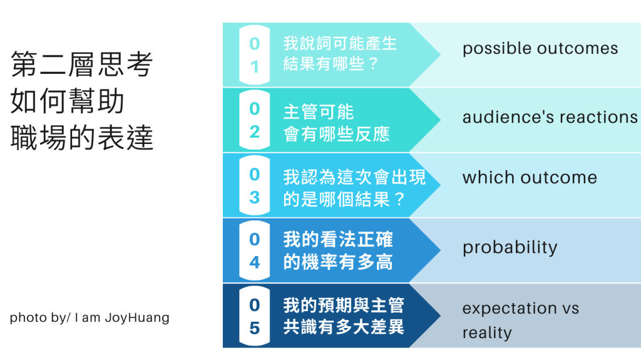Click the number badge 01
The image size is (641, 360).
(x=254, y=55)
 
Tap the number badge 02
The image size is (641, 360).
(x=254, y=120)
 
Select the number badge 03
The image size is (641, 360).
(x=254, y=185)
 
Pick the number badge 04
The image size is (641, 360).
(x=254, y=250)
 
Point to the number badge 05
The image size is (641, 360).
(x=254, y=316)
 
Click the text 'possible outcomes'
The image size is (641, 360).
(x=540, y=49)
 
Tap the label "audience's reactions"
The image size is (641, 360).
(x=550, y=117)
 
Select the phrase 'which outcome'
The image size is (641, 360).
(x=530, y=177)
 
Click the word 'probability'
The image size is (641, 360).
(x=510, y=247)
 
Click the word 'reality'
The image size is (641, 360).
(x=487, y=332)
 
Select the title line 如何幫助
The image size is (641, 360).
(x=68, y=102)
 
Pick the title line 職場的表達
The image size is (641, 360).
(x=82, y=138)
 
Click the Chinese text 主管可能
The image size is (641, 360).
(x=319, y=112)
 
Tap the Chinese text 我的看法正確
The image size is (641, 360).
(x=338, y=240)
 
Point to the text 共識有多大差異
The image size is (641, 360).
(x=344, y=327)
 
